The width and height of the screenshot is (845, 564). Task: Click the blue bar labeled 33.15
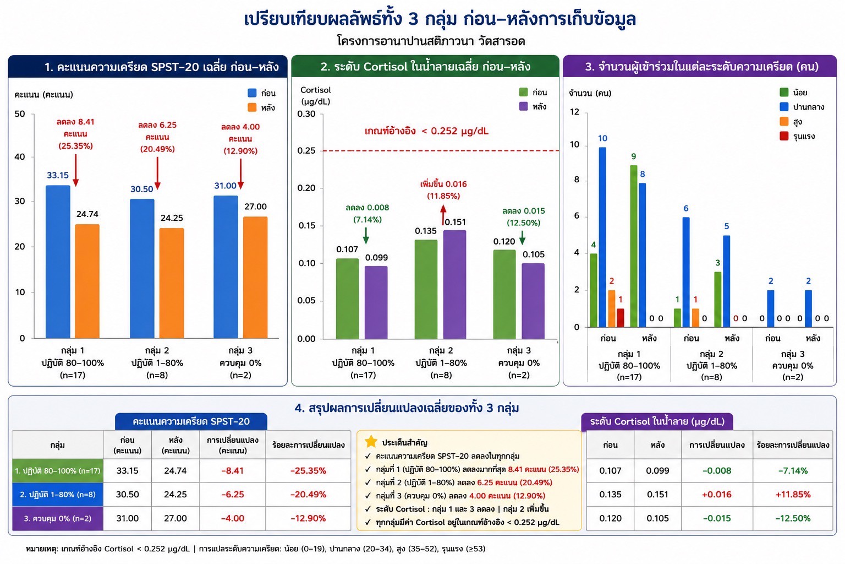pyautogui.click(x=58, y=262)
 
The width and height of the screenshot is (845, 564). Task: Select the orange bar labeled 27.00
pyautogui.click(x=255, y=277)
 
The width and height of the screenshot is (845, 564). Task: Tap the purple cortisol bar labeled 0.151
pyautogui.click(x=454, y=284)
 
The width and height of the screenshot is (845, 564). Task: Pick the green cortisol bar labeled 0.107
pyautogui.click(x=348, y=299)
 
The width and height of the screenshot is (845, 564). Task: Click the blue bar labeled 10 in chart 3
pyautogui.click(x=602, y=237)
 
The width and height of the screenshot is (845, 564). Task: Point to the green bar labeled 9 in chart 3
pyautogui.click(x=634, y=246)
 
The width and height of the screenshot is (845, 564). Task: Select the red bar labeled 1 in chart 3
pyautogui.click(x=621, y=318)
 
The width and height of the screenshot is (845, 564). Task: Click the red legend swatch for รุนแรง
pyautogui.click(x=784, y=136)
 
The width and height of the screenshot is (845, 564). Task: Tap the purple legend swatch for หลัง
pyautogui.click(x=523, y=106)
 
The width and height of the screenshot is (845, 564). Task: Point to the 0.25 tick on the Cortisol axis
pyautogui.click(x=306, y=150)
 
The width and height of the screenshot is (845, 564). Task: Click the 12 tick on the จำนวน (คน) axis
pyautogui.click(x=574, y=111)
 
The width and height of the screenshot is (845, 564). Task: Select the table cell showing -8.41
pyautogui.click(x=232, y=471)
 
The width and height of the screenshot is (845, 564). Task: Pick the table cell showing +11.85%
pyautogui.click(x=793, y=495)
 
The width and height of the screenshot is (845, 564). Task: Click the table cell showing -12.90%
pyautogui.click(x=308, y=518)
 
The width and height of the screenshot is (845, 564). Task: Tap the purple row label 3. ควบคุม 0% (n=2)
pyautogui.click(x=58, y=518)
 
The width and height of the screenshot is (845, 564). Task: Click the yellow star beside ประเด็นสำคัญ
pyautogui.click(x=371, y=441)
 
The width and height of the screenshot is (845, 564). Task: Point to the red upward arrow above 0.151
pyautogui.click(x=443, y=215)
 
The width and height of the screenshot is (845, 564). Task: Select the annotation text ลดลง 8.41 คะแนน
pyautogui.click(x=75, y=128)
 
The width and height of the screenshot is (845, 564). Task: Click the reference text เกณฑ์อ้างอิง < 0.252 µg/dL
pyautogui.click(x=426, y=131)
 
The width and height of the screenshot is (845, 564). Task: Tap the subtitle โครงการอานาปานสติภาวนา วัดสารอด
pyautogui.click(x=431, y=41)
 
